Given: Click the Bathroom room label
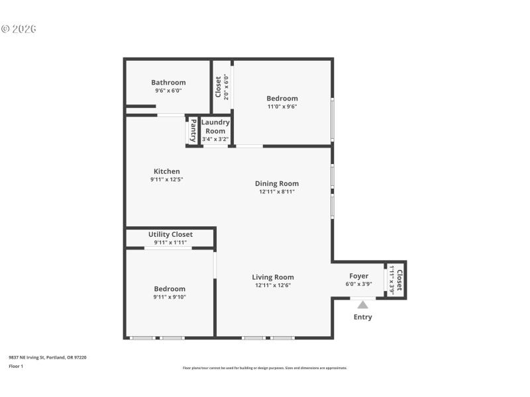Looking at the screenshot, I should pos(168,83).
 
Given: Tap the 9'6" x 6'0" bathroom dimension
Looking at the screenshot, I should pos(168,91).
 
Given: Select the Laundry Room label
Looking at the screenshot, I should pos(215,126).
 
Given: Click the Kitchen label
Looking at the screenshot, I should pos(166,171).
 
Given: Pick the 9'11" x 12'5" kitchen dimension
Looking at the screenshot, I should pos(166,179).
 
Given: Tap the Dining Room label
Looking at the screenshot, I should pos(277,184).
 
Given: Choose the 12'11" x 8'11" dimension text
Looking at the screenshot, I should pos(277,192).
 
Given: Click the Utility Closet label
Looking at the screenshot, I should pos(170,234).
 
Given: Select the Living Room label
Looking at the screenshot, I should pos(273,277).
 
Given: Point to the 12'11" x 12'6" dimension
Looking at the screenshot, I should pos(273,285).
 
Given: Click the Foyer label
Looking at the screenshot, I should pos(359,276).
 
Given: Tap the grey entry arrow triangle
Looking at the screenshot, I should pos(362,304).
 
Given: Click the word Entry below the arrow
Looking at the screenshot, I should pos(362,317).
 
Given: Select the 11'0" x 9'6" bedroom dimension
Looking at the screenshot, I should pos(282,107).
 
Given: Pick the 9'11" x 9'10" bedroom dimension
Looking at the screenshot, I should pos(170,297).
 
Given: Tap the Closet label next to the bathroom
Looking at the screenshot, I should pos(218,86).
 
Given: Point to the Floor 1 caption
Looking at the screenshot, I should pos(16,366).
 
